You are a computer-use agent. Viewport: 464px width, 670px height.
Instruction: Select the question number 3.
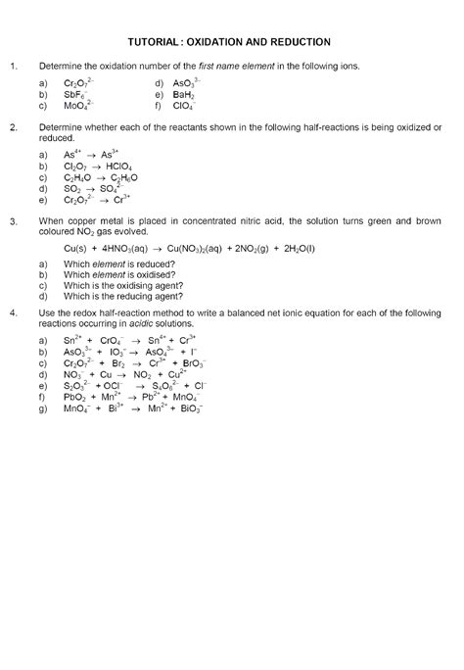tap(13, 222)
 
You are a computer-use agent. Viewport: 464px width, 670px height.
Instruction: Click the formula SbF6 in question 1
tap(75, 94)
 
